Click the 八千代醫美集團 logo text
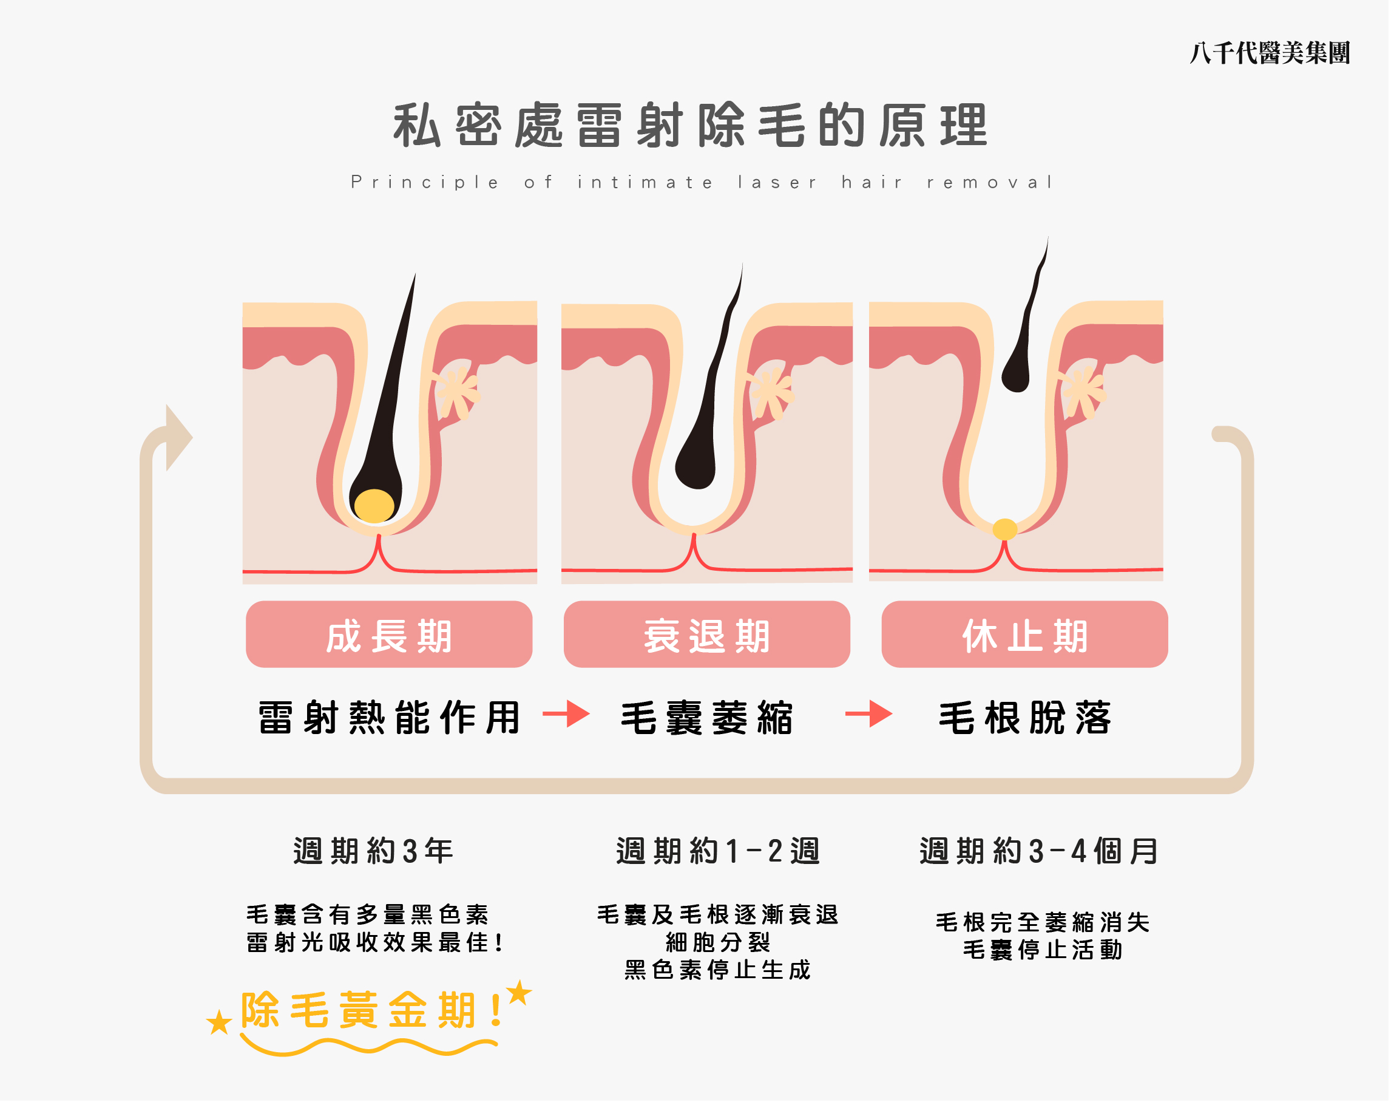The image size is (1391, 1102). tap(1268, 53)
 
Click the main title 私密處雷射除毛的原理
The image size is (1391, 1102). tap(690, 125)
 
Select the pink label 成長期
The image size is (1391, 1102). tap(389, 635)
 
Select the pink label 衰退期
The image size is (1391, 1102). tap(707, 635)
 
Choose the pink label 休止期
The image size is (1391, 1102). tap(1024, 635)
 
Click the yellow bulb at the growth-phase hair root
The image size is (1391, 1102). tap(374, 505)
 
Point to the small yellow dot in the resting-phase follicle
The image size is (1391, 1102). tap(1005, 529)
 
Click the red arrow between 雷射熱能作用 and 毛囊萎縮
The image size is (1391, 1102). tap(566, 713)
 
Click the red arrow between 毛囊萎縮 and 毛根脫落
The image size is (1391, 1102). tap(868, 713)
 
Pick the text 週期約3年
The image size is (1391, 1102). tap(374, 851)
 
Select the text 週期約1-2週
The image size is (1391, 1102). tap(718, 851)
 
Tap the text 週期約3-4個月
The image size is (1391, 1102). tap(1039, 851)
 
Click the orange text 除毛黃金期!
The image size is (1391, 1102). tap(371, 1010)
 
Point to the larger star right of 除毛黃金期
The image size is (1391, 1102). tap(519, 993)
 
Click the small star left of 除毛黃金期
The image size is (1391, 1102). tap(219, 1022)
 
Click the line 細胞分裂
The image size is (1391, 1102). tap(718, 943)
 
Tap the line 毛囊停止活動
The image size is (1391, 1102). tap(1043, 950)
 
